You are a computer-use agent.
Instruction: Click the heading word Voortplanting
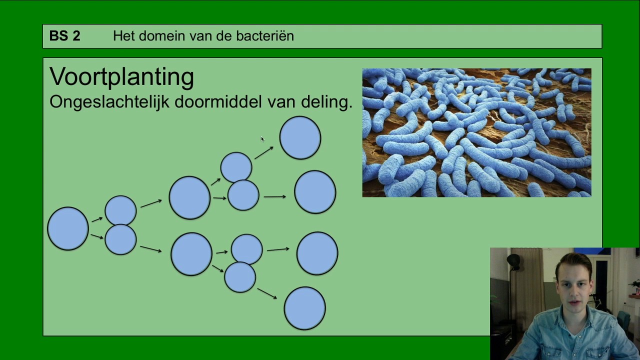(x=121, y=77)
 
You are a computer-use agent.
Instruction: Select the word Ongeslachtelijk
(x=108, y=102)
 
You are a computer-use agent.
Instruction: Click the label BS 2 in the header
(x=64, y=36)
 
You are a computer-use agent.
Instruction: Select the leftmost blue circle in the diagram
(x=68, y=228)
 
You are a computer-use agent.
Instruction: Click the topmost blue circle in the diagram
(x=300, y=138)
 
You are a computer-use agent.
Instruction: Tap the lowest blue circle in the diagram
(x=305, y=308)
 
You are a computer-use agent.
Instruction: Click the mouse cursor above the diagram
(x=262, y=139)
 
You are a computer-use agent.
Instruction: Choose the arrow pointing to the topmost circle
(x=264, y=152)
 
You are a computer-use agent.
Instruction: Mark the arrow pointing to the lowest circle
(x=267, y=293)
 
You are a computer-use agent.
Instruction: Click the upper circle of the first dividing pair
(x=120, y=210)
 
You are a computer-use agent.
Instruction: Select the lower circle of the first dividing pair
(x=120, y=239)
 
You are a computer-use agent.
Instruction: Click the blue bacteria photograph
(x=476, y=132)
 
